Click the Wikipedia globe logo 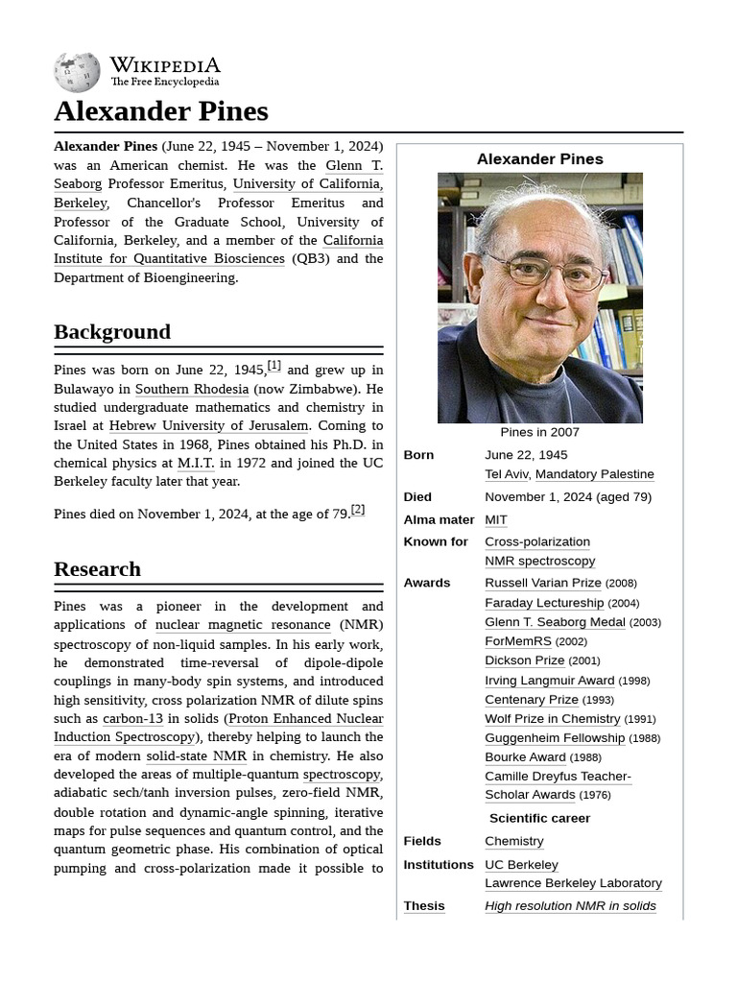[x=77, y=73]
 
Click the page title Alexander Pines [x=160, y=111]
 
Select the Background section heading [x=112, y=332]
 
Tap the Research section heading [x=97, y=569]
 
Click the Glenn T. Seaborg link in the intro [x=353, y=165]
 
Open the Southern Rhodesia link [x=191, y=389]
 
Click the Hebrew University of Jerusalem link [x=208, y=425]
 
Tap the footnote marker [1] [x=274, y=366]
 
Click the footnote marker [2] [x=358, y=510]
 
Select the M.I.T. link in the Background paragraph [x=196, y=463]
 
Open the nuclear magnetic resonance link [x=243, y=625]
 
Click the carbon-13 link [x=132, y=718]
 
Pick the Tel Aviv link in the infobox [x=507, y=474]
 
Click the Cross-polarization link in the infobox [x=536, y=541]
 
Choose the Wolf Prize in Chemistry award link [x=552, y=718]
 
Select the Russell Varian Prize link [x=542, y=583]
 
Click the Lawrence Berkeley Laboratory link [x=573, y=883]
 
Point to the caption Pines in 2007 [x=539, y=432]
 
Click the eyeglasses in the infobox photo [x=545, y=272]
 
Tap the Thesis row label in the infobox [x=423, y=905]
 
